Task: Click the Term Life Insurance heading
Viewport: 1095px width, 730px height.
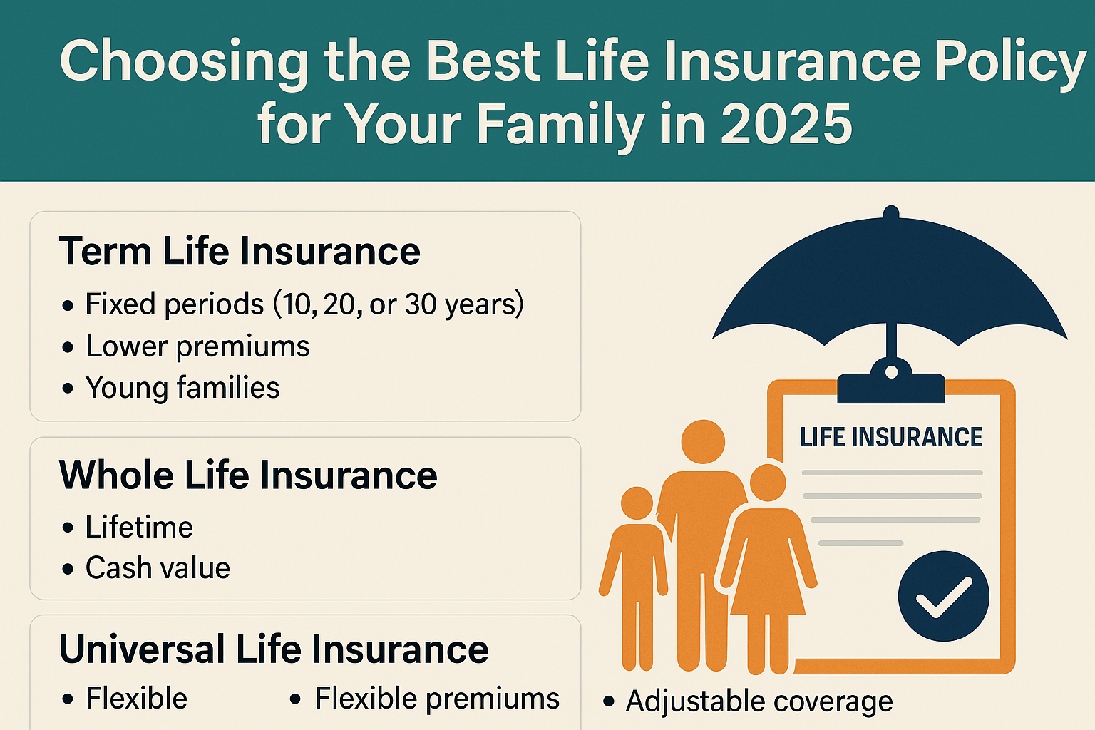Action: coord(240,252)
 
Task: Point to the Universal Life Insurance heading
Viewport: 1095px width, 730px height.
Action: coord(274,649)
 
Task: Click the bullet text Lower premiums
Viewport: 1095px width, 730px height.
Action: coord(197,346)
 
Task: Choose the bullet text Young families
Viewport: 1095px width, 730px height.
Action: coord(182,388)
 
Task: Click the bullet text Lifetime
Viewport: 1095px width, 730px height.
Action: coord(139,527)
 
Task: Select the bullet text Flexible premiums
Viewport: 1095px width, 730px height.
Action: coord(437,698)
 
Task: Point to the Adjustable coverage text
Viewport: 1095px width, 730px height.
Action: coord(759,701)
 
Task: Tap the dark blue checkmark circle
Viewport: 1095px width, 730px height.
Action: coord(943,596)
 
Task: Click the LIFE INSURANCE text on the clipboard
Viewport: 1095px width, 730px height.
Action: coord(891,437)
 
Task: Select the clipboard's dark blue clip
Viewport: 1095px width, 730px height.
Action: coord(891,381)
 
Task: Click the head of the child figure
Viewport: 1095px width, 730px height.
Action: coord(637,503)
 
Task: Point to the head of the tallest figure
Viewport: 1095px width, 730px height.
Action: coord(703,441)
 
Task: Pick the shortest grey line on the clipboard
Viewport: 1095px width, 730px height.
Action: coord(860,543)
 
